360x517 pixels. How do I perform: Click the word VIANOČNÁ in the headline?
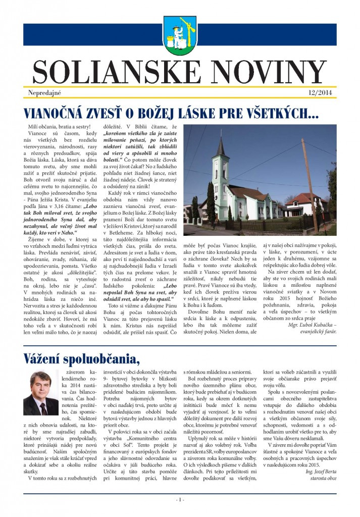point(58,113)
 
